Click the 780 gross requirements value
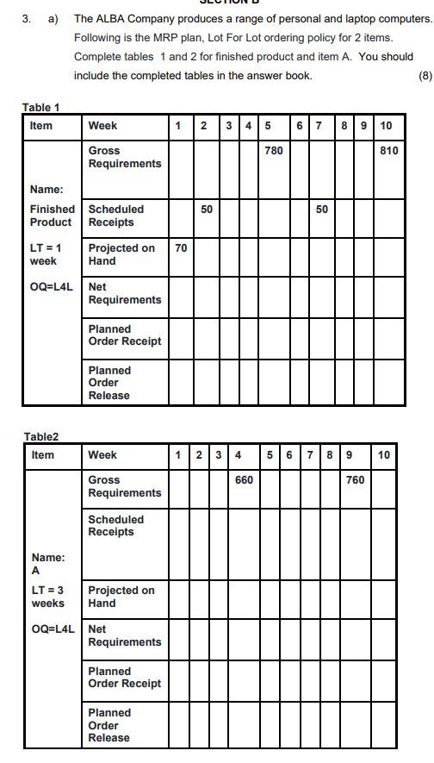click(x=273, y=151)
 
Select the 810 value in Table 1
click(x=388, y=151)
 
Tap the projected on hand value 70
click(x=181, y=248)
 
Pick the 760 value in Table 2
click(x=355, y=479)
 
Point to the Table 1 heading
click(x=40, y=108)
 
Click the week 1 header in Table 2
click(x=177, y=454)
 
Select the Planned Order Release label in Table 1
click(x=109, y=383)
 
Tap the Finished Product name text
click(x=52, y=216)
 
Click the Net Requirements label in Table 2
click(x=125, y=636)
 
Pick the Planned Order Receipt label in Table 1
click(x=125, y=335)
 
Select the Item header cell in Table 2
click(x=42, y=454)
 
